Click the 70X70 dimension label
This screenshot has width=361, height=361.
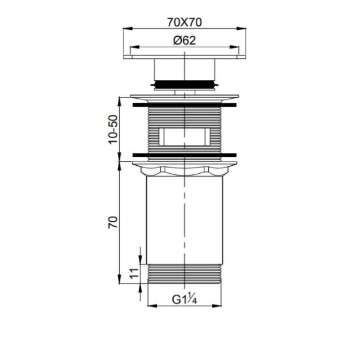coord(184,22)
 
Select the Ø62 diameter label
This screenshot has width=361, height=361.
coord(184,41)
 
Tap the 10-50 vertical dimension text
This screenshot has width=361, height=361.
coord(113,130)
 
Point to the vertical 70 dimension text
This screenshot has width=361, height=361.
coord(113,222)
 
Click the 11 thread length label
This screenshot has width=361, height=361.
coord(134,274)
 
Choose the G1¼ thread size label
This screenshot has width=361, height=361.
coord(184,298)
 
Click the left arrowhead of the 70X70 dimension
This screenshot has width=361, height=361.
coord(128,28)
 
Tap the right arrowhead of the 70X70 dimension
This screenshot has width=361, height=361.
coord(241,28)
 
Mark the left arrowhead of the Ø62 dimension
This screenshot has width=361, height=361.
coord(134,47)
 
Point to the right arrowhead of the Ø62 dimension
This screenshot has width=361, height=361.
coord(235,47)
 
